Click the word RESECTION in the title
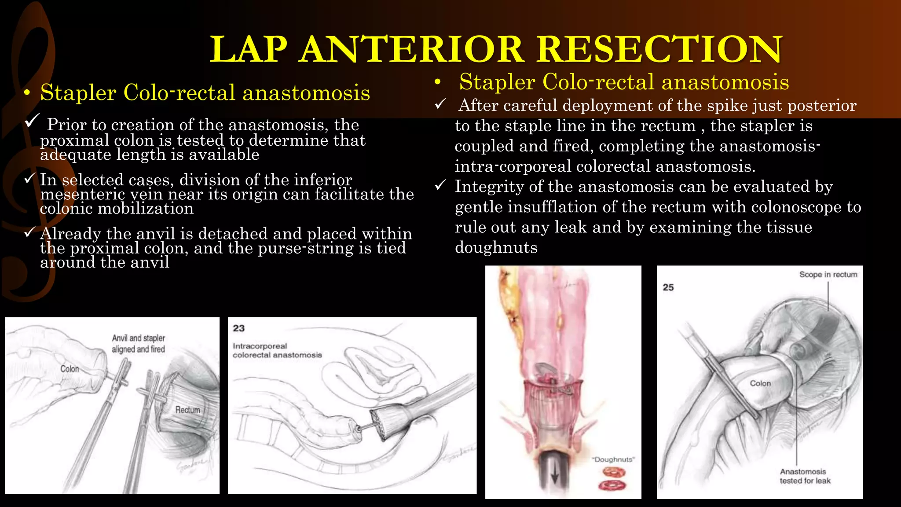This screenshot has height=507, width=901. (660, 49)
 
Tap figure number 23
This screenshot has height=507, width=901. (239, 328)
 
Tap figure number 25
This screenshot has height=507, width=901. (668, 287)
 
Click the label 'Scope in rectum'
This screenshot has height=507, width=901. (828, 275)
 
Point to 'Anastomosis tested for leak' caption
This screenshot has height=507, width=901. (805, 476)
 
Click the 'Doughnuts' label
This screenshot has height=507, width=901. (614, 459)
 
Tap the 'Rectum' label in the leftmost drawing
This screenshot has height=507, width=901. (187, 410)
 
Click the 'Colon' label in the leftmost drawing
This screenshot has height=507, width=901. (70, 369)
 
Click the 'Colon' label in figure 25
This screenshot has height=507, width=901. (760, 383)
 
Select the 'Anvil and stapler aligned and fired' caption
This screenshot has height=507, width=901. (138, 344)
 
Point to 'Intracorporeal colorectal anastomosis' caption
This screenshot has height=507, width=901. (277, 350)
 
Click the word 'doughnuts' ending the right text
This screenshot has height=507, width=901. (496, 247)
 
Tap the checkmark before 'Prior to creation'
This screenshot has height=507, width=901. (32, 121)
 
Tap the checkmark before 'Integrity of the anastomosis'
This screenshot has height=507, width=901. (440, 185)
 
